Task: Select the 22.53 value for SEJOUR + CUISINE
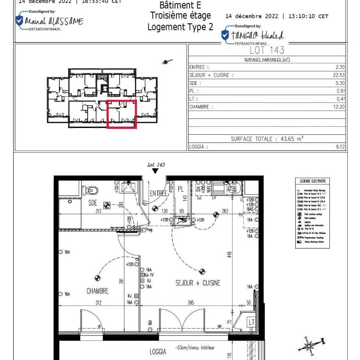339,75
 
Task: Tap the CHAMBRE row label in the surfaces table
199,107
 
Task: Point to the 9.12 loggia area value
340,147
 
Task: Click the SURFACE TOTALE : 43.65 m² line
267,139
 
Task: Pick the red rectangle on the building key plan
122,114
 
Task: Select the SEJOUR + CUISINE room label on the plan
198,283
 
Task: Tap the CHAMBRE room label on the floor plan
97,291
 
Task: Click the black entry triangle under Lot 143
156,171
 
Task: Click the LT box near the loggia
251,323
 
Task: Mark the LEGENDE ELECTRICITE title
312,181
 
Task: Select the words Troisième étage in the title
180,16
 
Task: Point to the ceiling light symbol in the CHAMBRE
98,278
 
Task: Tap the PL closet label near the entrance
181,188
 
